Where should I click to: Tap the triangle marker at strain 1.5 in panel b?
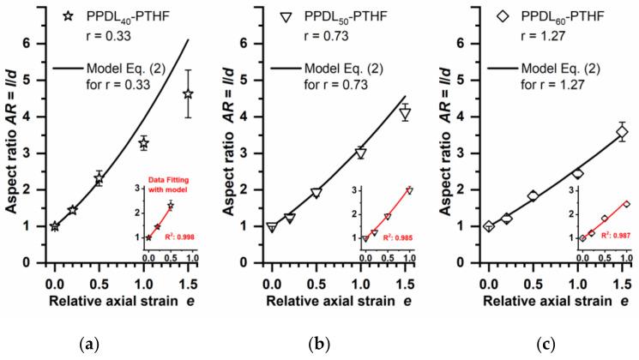click(405, 113)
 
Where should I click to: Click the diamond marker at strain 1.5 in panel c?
click(622, 132)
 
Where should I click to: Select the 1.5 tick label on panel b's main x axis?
click(405, 279)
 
